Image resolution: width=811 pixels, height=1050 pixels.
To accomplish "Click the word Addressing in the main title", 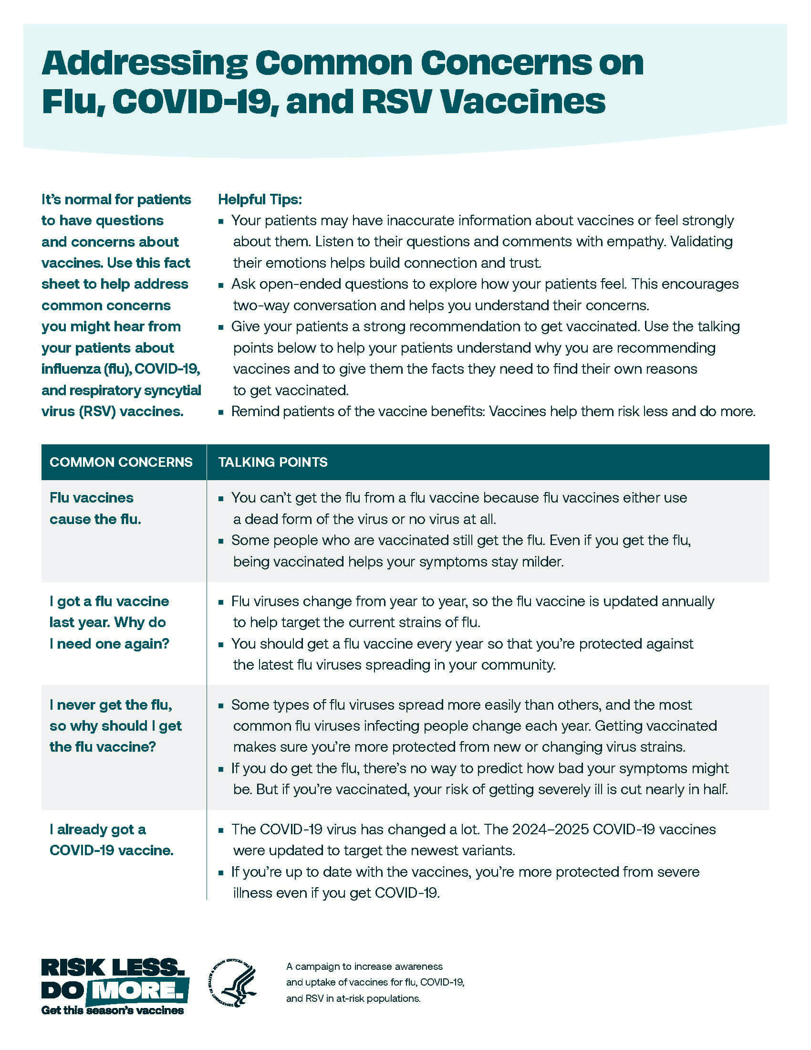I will pyautogui.click(x=145, y=64).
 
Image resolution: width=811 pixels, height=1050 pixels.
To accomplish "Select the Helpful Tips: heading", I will pyautogui.click(x=260, y=199).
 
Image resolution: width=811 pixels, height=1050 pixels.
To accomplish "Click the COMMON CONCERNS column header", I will pyautogui.click(x=121, y=462).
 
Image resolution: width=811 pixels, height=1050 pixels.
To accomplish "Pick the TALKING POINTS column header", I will pyautogui.click(x=273, y=462).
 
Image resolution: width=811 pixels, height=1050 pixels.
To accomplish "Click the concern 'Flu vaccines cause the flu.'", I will pyautogui.click(x=94, y=508).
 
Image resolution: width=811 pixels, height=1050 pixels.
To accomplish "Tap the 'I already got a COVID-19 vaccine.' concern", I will pyautogui.click(x=111, y=840).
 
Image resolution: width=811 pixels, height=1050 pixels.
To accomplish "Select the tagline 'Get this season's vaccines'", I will pyautogui.click(x=113, y=1010).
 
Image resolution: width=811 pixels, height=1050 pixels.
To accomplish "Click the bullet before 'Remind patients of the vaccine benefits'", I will pyautogui.click(x=221, y=412).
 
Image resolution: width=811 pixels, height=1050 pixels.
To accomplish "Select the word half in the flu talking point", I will pyautogui.click(x=714, y=789).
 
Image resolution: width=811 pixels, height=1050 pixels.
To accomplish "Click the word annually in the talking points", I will pyautogui.click(x=687, y=601).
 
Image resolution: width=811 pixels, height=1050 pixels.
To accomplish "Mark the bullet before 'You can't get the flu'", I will pyautogui.click(x=221, y=499).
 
